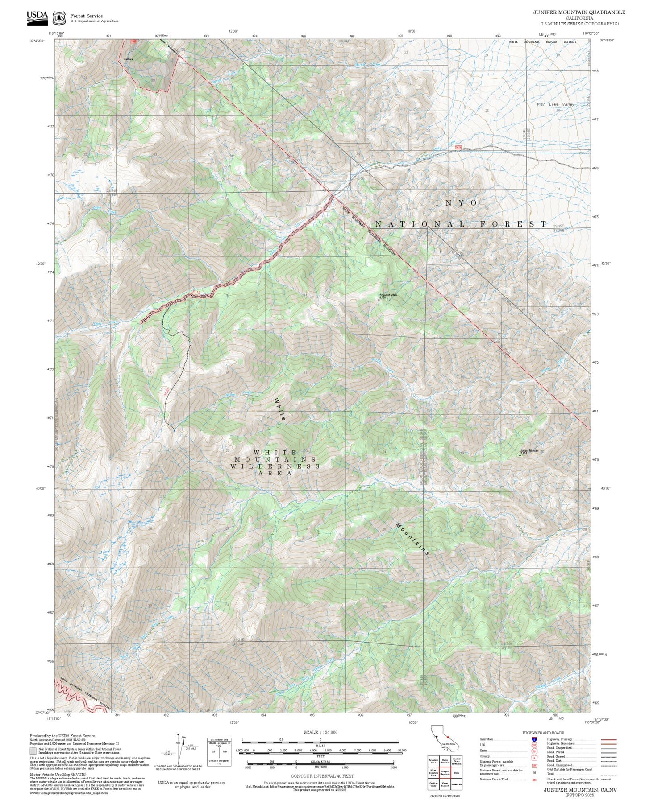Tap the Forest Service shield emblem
(x=58, y=18)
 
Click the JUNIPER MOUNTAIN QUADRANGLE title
(x=579, y=12)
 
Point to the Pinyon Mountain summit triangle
(x=379, y=299)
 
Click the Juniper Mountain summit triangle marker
(x=520, y=455)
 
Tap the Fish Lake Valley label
(x=555, y=104)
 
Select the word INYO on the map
(x=456, y=203)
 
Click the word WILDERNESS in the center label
(x=275, y=466)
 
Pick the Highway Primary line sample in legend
(x=608, y=739)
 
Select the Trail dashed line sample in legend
(x=608, y=775)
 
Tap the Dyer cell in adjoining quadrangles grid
(x=456, y=772)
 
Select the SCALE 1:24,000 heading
(x=320, y=732)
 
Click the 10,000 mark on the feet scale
(x=402, y=751)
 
